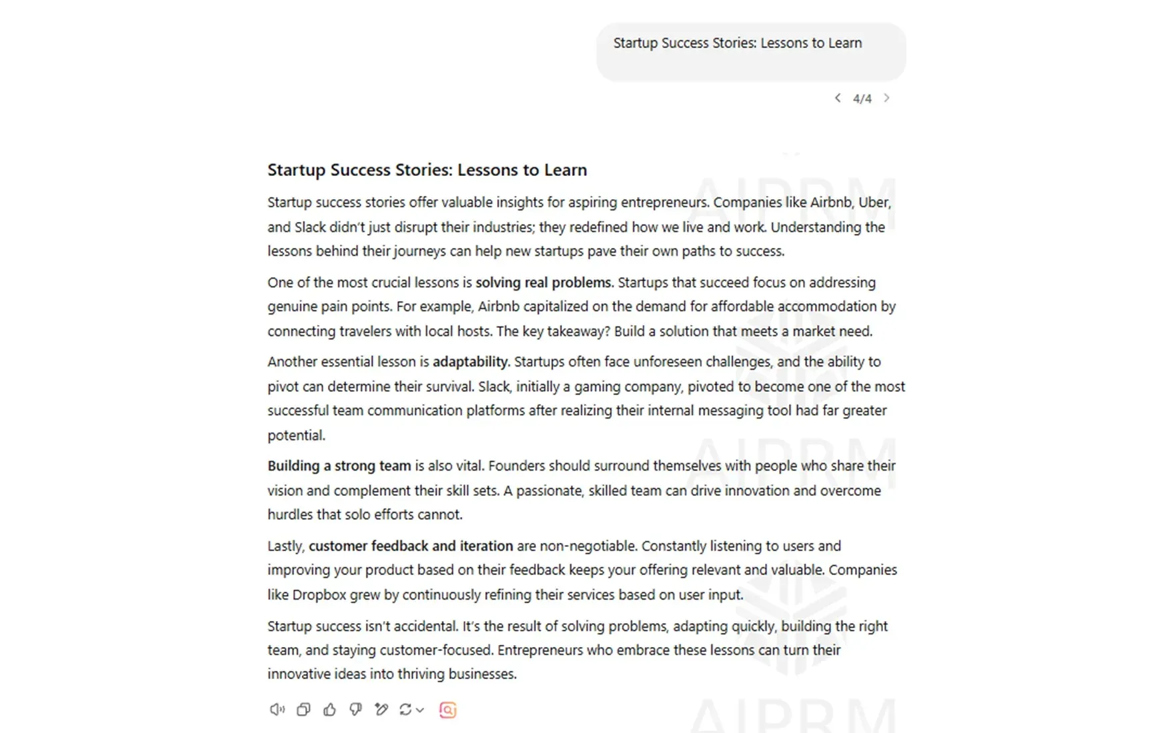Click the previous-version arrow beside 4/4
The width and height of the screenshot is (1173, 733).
point(838,98)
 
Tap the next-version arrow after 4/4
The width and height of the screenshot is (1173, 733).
point(886,98)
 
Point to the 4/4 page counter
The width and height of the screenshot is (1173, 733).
point(862,99)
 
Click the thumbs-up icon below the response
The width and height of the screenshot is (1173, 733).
point(329,710)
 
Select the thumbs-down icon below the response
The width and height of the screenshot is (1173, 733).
point(355,710)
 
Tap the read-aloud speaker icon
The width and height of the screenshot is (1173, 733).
point(277,710)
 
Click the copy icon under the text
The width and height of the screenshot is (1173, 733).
point(303,710)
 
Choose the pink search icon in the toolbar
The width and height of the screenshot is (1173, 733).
point(448,710)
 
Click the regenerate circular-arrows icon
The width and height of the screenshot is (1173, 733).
point(405,710)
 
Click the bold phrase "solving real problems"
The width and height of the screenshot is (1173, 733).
point(543,283)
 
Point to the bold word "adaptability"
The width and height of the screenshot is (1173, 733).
point(471,362)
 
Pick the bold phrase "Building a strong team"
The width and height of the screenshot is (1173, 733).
point(339,466)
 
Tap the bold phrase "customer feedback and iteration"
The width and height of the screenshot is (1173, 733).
point(411,546)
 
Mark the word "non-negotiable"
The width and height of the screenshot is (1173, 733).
point(588,546)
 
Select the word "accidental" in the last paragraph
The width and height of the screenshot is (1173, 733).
point(424,626)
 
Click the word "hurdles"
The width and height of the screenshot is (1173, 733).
point(290,514)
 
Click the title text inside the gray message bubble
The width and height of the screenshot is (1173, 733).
point(737,43)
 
